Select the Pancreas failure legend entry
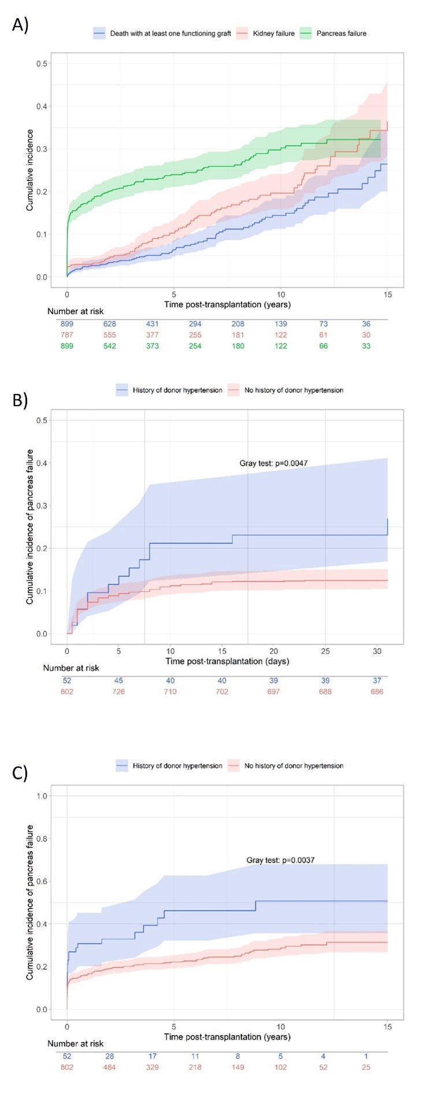341,34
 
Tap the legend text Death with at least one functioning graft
171,34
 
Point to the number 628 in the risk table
110,324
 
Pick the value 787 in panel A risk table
67,335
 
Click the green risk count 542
110,346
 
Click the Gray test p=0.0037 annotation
280,860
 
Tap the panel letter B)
20,400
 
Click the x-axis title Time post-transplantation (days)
227,661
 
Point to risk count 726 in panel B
118,691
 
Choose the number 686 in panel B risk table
376,691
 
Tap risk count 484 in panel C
110,1067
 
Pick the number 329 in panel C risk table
153,1067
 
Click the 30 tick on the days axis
377,651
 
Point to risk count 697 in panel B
273,691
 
